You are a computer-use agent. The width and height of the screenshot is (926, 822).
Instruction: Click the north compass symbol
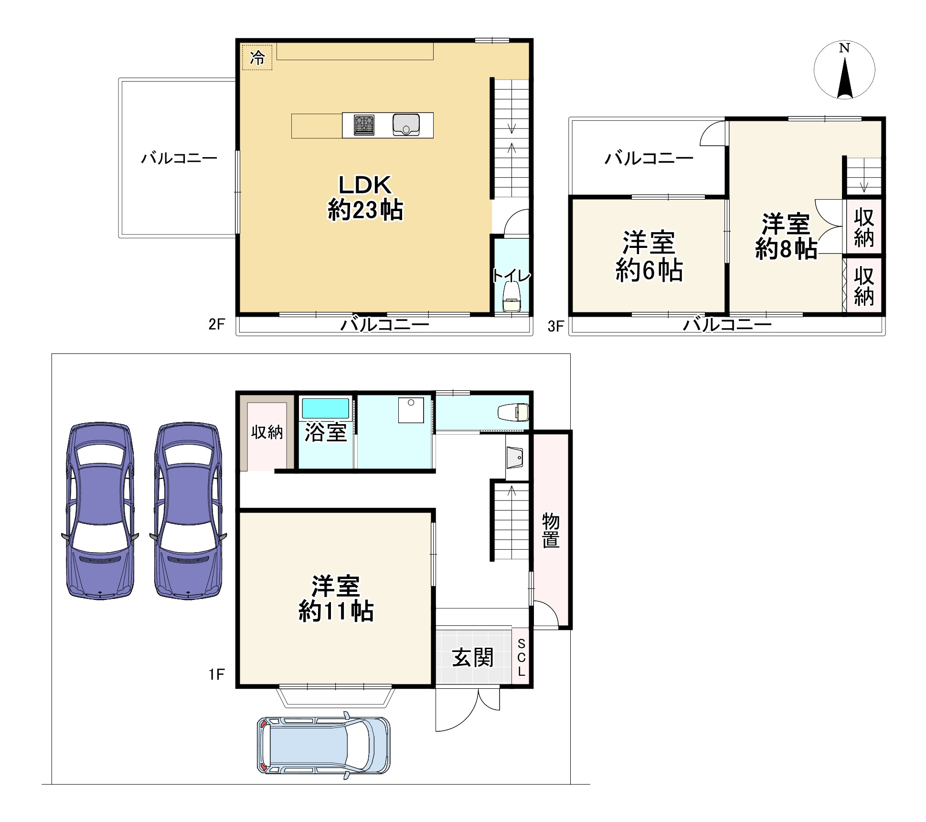click(x=844, y=70)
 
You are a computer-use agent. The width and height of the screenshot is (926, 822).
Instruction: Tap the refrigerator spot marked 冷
click(x=257, y=58)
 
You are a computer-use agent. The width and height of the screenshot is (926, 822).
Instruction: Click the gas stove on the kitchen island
click(x=364, y=125)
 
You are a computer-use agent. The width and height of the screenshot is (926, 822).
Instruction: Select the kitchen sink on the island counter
click(x=406, y=125)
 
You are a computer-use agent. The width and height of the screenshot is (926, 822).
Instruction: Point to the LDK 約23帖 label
click(x=365, y=197)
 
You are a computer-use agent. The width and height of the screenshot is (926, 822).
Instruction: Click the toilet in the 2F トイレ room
click(x=512, y=297)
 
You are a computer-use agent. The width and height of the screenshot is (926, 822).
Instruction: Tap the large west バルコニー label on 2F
click(x=179, y=158)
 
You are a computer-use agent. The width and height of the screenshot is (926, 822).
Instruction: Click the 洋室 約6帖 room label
click(x=649, y=256)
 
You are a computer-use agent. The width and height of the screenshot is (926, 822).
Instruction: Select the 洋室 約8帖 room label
click(x=786, y=236)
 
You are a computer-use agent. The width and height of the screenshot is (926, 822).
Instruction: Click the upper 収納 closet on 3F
click(x=864, y=227)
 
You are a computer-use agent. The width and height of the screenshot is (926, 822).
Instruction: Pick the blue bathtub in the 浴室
click(x=326, y=409)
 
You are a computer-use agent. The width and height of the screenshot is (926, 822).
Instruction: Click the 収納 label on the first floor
click(x=267, y=432)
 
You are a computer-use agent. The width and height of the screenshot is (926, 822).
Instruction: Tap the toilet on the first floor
click(x=513, y=412)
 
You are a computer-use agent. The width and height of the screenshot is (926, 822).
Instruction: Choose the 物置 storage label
click(x=551, y=530)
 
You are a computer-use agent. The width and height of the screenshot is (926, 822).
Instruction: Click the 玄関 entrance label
click(x=473, y=657)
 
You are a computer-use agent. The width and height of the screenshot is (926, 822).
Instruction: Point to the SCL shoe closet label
click(x=521, y=657)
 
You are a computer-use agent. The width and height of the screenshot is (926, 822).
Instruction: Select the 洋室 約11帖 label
click(x=336, y=598)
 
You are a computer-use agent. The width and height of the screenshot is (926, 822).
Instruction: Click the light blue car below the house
click(x=324, y=745)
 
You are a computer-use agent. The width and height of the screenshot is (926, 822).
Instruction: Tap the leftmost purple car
click(x=100, y=510)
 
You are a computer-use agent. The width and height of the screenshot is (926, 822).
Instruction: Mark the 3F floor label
click(x=556, y=326)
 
